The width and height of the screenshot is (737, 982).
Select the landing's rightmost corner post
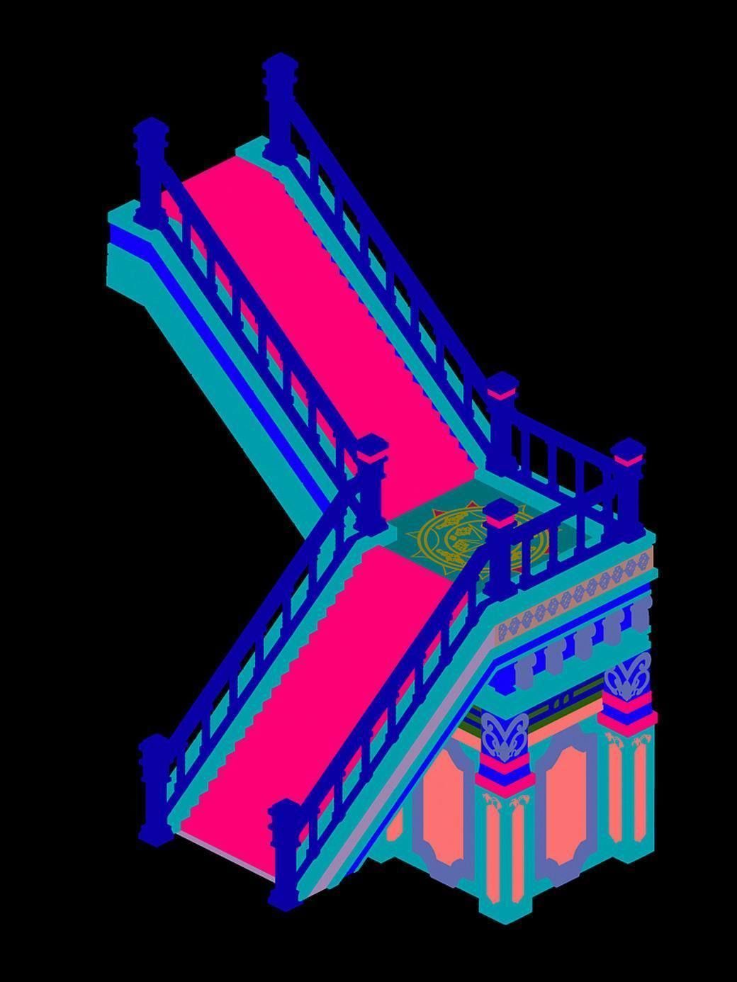[x=628, y=489]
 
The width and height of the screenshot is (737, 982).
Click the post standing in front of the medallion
[x=502, y=546]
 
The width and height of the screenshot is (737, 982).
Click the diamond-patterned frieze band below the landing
[x=574, y=595]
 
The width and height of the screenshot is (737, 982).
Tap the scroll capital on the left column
[x=504, y=737]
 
